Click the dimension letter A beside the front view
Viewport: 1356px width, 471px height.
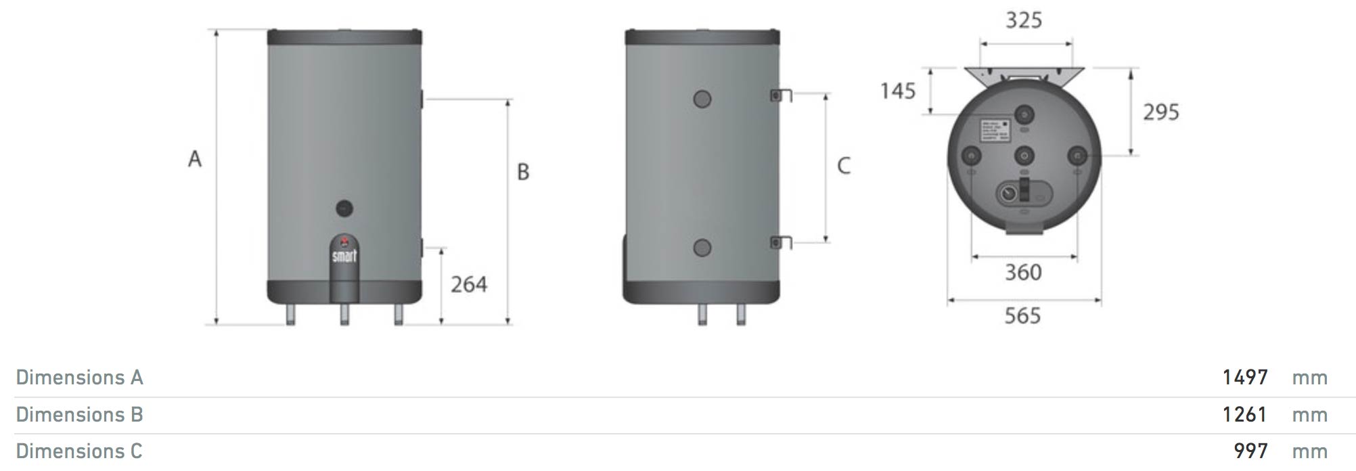[x=195, y=159]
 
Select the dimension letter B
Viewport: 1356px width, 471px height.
[x=523, y=172]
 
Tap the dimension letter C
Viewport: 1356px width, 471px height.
[x=843, y=166]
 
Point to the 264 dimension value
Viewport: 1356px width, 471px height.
[x=469, y=284]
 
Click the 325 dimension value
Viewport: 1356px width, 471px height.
[x=1024, y=20]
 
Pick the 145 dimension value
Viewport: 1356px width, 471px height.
[x=898, y=91]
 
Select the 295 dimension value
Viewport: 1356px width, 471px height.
[x=1161, y=112]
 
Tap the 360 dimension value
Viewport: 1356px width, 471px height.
[x=1023, y=273]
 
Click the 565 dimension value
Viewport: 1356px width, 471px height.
[x=1022, y=316]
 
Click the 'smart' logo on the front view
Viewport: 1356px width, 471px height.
[x=344, y=256]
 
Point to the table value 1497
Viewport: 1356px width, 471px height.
[x=1245, y=377]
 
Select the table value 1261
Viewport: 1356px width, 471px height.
[x=1244, y=414]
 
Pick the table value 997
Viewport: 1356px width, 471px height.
[x=1250, y=451]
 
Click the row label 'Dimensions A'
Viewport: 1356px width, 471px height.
[x=80, y=377]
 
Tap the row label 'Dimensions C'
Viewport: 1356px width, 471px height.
[x=79, y=451]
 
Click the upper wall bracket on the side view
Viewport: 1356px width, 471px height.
[x=781, y=95]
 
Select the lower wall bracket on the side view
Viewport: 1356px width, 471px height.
[x=781, y=241]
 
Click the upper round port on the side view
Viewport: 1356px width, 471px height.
[x=702, y=99]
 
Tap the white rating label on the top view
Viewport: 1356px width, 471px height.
[x=995, y=131]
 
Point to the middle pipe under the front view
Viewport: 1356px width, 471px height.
[x=344, y=314]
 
